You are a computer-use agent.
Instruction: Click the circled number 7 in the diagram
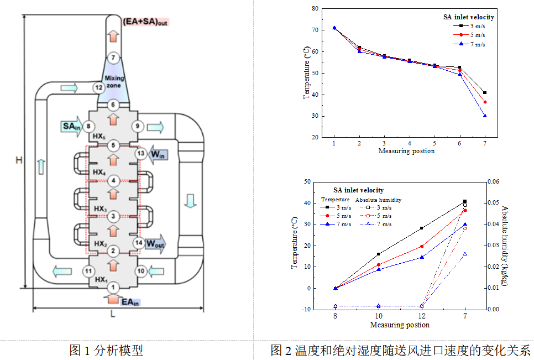click(x=113, y=58)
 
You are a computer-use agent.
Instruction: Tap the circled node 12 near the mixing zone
click(x=98, y=87)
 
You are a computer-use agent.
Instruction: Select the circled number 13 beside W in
click(x=141, y=153)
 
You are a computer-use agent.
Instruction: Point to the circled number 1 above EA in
click(x=113, y=288)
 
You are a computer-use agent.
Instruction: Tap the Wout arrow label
click(x=155, y=243)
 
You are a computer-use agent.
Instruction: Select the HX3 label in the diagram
click(x=100, y=208)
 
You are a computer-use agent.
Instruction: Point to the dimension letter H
click(x=18, y=160)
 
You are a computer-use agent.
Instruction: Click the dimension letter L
click(x=113, y=314)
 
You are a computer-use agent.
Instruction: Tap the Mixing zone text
click(x=114, y=82)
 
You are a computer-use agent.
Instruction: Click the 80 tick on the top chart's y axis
click(x=315, y=8)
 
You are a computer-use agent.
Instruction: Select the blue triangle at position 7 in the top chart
click(x=485, y=116)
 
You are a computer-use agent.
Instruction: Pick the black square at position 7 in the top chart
click(x=485, y=92)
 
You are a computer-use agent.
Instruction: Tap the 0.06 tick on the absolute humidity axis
click(x=493, y=181)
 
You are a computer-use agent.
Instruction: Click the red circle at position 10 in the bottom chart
click(x=379, y=265)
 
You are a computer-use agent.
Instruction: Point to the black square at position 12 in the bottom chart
click(x=422, y=228)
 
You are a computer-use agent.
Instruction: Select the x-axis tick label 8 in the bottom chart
click(x=335, y=316)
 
